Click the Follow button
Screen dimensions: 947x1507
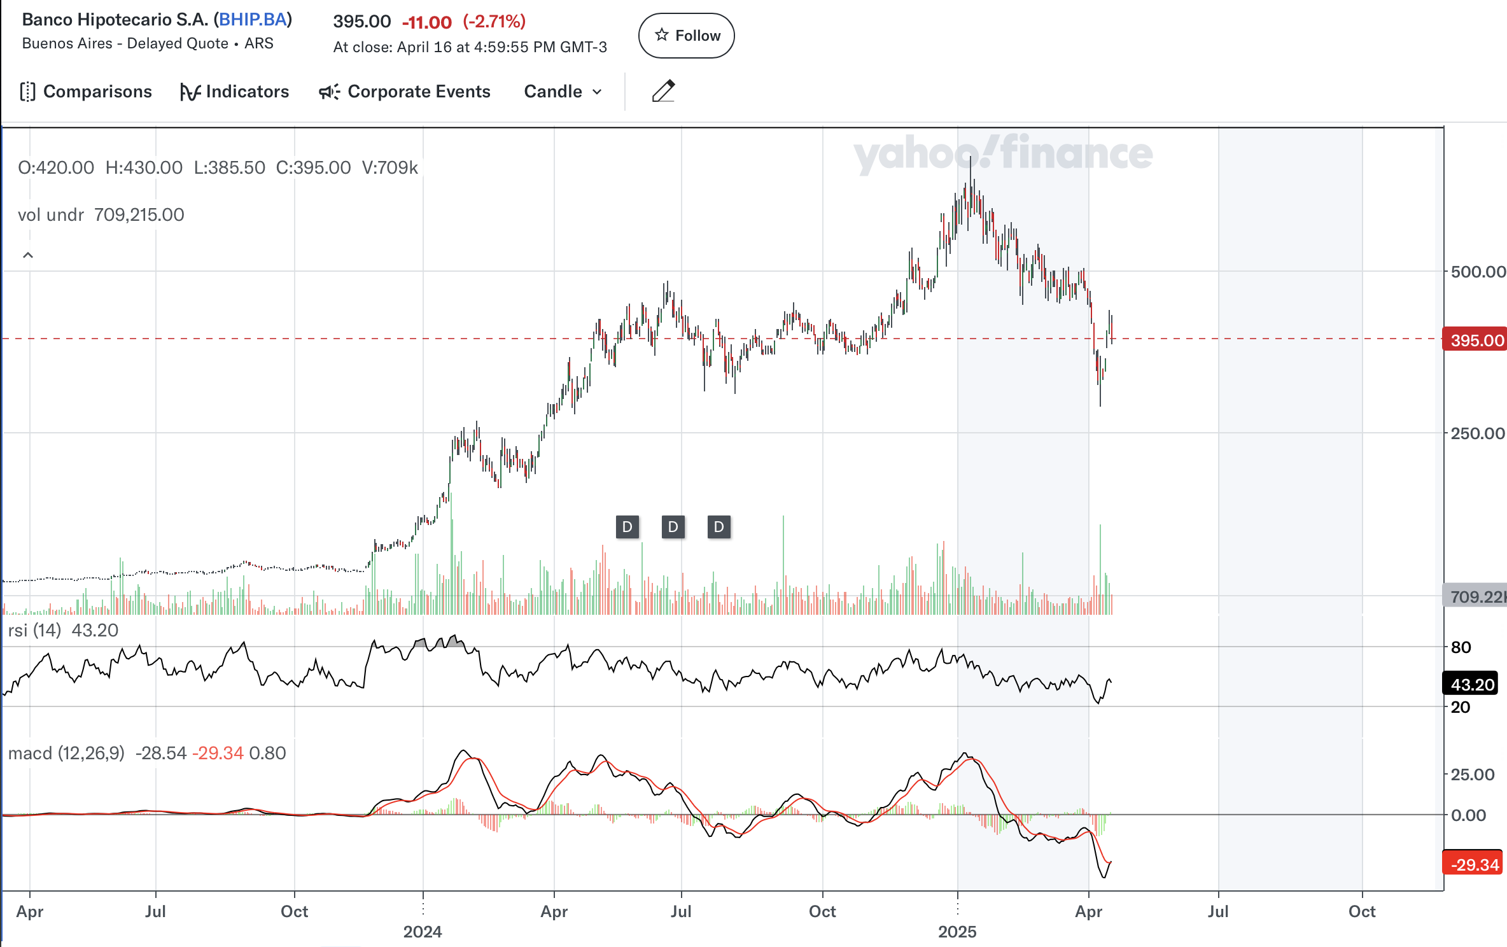point(686,36)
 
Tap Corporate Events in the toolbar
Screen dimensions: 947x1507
point(405,92)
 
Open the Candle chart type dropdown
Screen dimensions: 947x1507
point(563,92)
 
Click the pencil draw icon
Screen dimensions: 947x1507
point(663,91)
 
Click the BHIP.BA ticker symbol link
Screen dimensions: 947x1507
point(253,19)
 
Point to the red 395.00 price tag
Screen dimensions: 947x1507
point(1475,340)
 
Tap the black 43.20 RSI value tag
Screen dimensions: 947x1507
point(1472,685)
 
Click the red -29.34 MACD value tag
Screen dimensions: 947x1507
point(1473,864)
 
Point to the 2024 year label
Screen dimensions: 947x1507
point(423,932)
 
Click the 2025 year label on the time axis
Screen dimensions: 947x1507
point(957,932)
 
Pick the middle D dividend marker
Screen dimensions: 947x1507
point(673,527)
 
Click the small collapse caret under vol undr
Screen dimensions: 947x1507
point(28,255)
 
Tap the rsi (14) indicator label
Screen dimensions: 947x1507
point(34,630)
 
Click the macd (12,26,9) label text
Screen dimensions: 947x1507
point(66,753)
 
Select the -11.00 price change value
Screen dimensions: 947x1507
point(426,22)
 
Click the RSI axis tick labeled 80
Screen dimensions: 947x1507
point(1461,647)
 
